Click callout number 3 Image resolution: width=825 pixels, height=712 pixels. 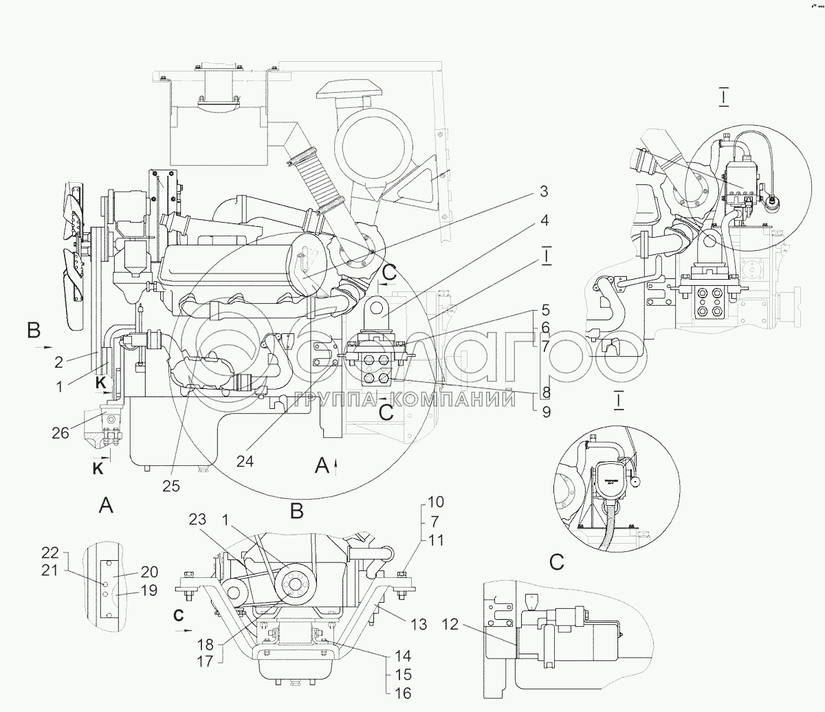coord(542,191)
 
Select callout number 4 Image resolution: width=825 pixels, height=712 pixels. coord(543,221)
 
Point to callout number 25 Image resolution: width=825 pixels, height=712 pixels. coord(171,485)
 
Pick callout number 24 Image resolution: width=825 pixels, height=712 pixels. coord(245,462)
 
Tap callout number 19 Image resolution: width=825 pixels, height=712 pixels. coord(148,590)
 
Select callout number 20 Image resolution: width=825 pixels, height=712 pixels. coord(149,572)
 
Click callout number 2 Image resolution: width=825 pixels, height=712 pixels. coord(60,360)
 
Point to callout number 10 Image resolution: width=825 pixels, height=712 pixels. coord(436,501)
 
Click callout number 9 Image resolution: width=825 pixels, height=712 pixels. coord(545,412)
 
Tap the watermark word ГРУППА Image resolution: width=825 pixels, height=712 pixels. coord(328,399)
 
